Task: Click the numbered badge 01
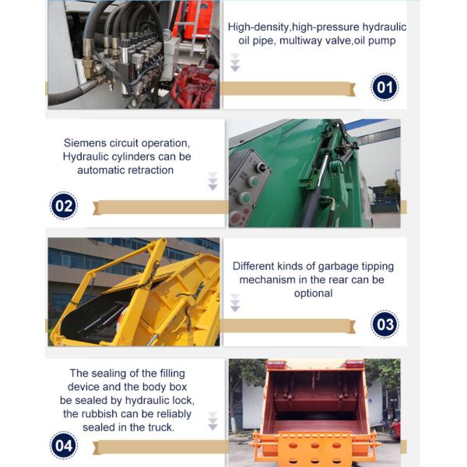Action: [384, 87]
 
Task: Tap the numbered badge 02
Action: [64, 205]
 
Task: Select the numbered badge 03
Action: [384, 325]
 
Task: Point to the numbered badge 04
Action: [64, 445]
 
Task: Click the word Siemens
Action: [85, 143]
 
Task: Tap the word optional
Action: [314, 293]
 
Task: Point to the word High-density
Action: [258, 27]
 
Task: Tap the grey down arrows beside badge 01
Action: [235, 63]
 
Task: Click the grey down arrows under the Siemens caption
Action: [212, 181]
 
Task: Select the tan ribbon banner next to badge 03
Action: [288, 326]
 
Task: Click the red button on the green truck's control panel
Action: [235, 217]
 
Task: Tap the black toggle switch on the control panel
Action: [262, 167]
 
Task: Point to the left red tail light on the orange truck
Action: [277, 364]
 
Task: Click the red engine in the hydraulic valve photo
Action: [195, 85]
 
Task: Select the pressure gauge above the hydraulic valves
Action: [167, 35]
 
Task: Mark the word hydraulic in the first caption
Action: [384, 27]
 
